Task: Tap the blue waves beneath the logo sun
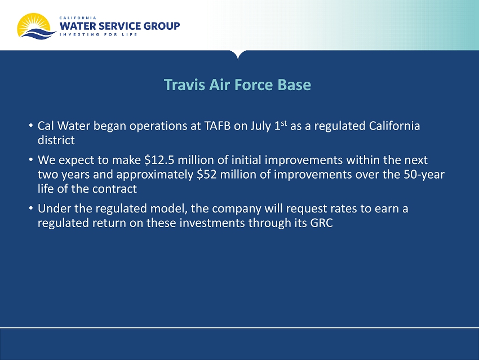point(39,34)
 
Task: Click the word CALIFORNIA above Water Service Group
point(78,17)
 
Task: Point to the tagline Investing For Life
point(99,34)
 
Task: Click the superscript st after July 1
point(284,123)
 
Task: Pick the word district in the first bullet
point(56,140)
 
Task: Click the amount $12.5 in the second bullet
point(159,160)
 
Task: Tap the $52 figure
point(207,174)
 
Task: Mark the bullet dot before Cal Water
point(31,125)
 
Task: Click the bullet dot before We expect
point(31,159)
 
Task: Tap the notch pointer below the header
point(238,55)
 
